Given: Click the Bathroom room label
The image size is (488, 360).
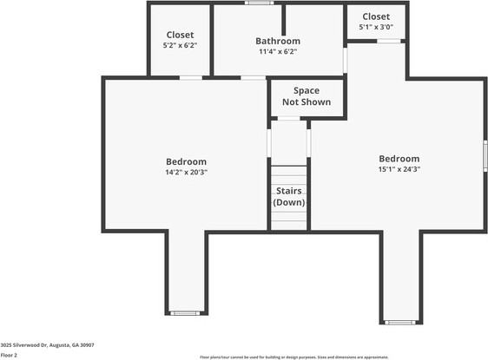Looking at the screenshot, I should (278, 41).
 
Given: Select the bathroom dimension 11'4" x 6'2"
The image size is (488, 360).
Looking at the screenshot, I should (278, 52).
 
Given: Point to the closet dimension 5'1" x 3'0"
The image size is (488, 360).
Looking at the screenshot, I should (376, 27).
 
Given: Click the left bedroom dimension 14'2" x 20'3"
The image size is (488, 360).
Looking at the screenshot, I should (187, 172).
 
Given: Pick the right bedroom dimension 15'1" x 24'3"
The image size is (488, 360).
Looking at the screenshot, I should (399, 169).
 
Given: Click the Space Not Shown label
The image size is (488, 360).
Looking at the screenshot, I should (306, 96).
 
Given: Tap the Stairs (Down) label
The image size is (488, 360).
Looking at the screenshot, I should (289, 196).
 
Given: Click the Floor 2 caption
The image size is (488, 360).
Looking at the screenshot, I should (9, 355).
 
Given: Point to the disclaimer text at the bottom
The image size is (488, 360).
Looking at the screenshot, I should (342, 356).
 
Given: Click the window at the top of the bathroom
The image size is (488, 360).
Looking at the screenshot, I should (258, 3).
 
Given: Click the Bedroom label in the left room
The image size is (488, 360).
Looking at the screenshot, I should (187, 161).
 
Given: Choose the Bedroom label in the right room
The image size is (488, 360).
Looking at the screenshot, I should (399, 159).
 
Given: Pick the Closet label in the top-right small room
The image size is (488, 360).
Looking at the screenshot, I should (376, 16).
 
